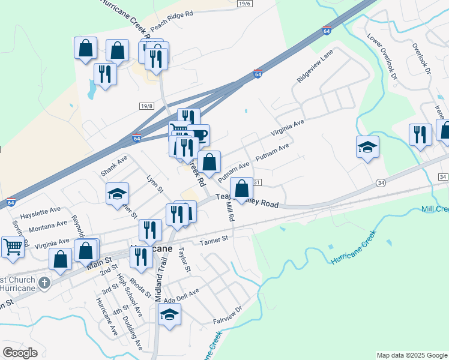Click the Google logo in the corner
20,353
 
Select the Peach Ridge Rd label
172,21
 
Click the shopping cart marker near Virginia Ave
13,246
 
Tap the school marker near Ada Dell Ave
170,315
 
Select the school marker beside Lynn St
117,193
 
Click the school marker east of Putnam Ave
367,146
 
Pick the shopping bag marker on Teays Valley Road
241,188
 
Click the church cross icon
44,282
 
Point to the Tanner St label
215,239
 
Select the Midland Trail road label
161,280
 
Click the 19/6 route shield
244,4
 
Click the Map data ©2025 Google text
411,355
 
